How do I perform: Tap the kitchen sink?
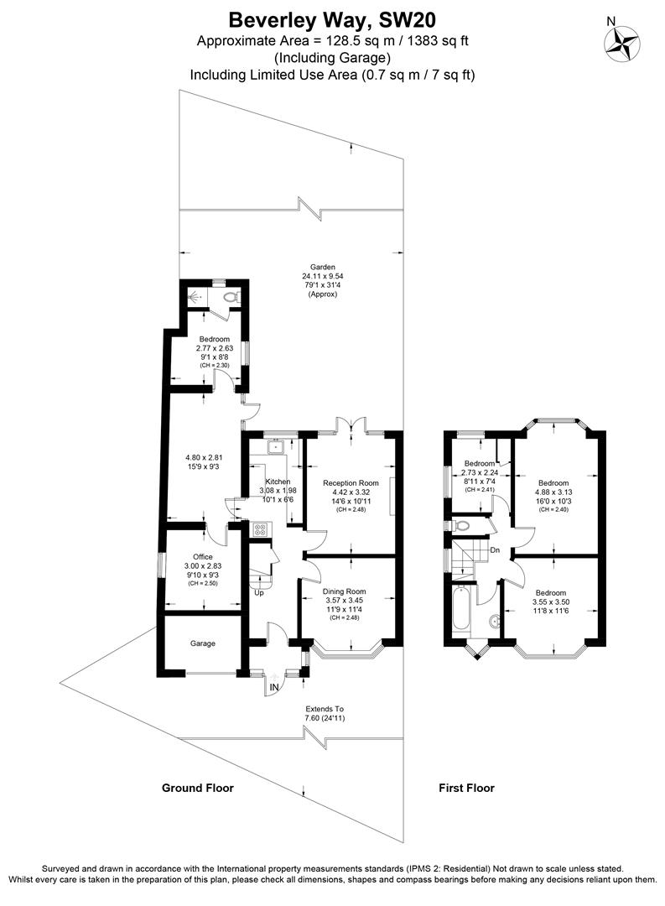(274, 448)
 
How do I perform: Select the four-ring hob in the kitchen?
(260, 529)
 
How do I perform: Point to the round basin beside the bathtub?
(494, 622)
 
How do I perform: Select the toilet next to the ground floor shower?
(232, 296)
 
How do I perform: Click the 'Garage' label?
(202, 643)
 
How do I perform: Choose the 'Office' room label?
(202, 557)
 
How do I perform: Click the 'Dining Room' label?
(345, 591)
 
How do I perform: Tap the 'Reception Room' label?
(351, 483)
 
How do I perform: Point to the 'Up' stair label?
(260, 592)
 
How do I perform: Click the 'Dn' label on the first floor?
(496, 550)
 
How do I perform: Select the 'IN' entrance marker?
(273, 688)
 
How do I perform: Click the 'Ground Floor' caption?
(197, 788)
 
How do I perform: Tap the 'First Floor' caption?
(466, 788)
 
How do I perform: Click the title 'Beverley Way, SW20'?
(332, 18)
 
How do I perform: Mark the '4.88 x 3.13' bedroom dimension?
(553, 492)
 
